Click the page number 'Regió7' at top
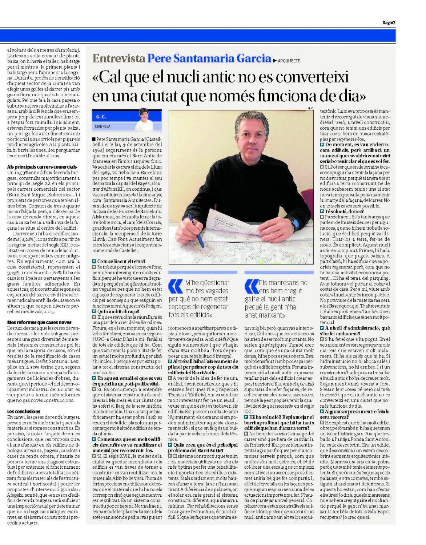[x=389, y=23]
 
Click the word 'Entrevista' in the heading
[x=118, y=58]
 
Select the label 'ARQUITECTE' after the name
[x=289, y=61]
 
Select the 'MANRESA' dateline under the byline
[x=103, y=126]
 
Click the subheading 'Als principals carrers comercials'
[x=42, y=167]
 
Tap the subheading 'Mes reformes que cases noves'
[x=39, y=322]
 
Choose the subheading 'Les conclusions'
[x=24, y=411]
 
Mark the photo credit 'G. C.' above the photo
[x=310, y=108]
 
